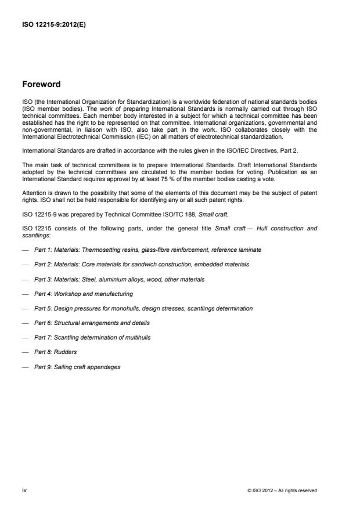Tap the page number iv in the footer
click(24, 490)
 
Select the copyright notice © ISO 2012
click(282, 490)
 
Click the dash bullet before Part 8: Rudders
click(26, 352)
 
